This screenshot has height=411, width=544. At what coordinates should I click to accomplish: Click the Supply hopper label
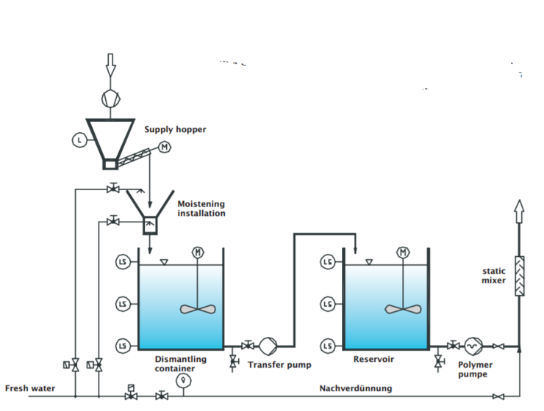coord(175,129)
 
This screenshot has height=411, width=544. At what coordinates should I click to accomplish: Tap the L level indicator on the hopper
coord(79,140)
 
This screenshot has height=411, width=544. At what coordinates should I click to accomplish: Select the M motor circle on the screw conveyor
coord(165,148)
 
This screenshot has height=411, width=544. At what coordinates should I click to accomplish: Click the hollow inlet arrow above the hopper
coord(110,65)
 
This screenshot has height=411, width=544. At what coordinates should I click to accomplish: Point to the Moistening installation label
coord(201,208)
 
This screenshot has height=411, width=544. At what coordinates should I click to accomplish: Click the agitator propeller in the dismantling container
coord(198,309)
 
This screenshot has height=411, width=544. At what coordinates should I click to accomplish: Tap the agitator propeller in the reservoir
coord(403,309)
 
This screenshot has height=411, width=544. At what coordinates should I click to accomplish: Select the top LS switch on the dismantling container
coord(123,262)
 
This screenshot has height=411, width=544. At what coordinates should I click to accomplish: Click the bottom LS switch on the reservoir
coord(328,346)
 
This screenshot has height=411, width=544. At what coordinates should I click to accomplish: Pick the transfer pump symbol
coord(268,346)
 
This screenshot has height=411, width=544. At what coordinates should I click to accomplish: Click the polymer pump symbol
coord(473,346)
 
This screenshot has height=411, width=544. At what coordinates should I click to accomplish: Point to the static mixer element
coord(519,276)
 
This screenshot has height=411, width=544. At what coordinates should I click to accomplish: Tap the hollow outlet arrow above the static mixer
coord(519,211)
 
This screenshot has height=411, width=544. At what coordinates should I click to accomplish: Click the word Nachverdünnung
coord(356,388)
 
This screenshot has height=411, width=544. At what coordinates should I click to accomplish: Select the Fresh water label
coord(30,388)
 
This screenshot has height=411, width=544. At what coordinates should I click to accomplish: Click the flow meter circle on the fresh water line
coord(183,380)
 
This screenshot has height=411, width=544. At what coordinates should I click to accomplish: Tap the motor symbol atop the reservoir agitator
coord(403,252)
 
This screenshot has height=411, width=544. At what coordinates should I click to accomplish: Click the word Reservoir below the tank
coord(373,359)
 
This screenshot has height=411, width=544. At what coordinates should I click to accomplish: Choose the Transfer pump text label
coord(279,365)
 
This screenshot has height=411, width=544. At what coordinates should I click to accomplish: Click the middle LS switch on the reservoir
coord(328,304)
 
